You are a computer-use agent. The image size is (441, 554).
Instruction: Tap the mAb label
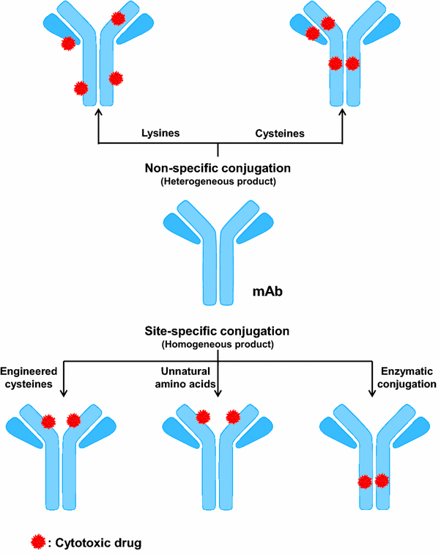269,291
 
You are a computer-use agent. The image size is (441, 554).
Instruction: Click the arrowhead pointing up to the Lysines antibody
97,112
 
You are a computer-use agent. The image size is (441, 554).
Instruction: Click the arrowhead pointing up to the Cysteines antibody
343,112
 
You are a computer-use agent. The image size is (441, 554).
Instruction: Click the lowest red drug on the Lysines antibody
82,88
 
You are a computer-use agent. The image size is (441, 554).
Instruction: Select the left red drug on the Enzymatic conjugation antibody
364,482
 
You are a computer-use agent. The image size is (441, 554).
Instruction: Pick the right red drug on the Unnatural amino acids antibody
233,418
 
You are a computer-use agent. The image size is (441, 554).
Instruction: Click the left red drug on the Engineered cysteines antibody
48,421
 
